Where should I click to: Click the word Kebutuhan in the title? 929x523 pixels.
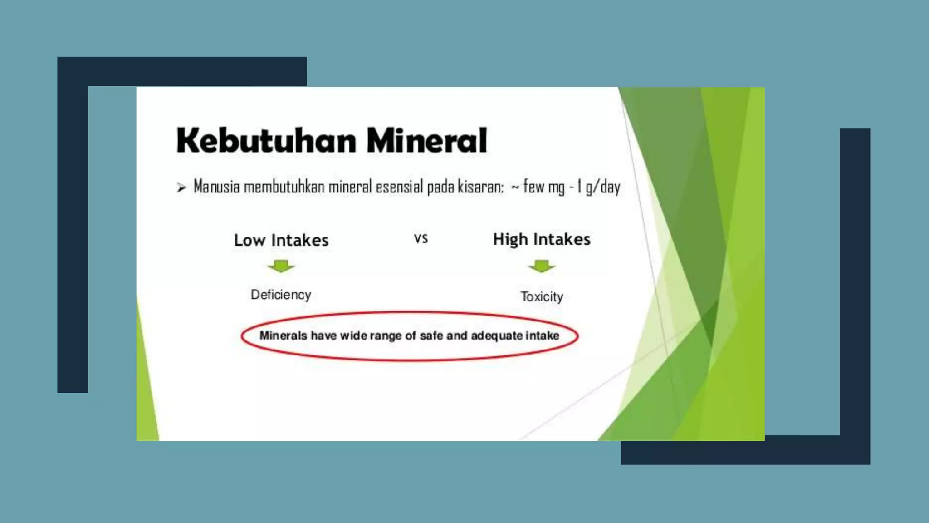pos(266,140)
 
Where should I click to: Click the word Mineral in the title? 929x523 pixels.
pos(426,140)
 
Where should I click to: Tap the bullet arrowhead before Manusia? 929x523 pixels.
pos(181,187)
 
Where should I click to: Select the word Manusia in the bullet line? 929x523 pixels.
pos(216,187)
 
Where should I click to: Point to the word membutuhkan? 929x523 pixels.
pos(284,187)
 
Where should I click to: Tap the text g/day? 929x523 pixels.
pos(603,187)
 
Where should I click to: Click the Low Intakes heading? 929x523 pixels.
pos(281,240)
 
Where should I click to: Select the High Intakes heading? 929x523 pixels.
pos(542,239)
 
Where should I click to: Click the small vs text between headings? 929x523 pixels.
pos(421,238)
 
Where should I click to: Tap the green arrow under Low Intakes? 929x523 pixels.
pos(281,266)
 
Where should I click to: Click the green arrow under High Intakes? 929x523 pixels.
pos(542,266)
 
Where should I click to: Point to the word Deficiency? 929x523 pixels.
pos(281,295)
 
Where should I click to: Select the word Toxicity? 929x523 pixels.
pos(542,296)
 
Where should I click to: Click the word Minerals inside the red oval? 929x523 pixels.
pos(283,336)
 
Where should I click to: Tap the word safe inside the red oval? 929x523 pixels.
pos(431,336)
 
